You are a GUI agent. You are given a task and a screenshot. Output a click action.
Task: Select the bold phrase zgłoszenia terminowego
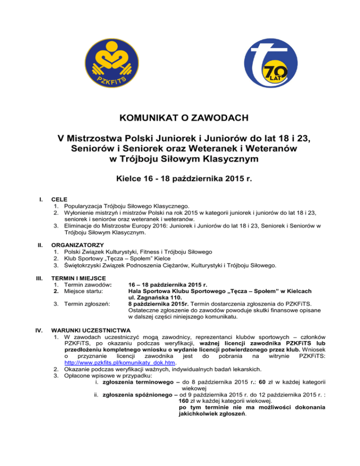pyautogui.click(x=136, y=384)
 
